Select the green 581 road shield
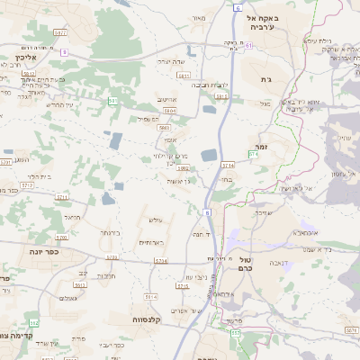tap(112, 102)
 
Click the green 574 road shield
tap(253, 155)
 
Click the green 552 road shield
tap(34, 322)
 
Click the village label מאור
tap(199, 16)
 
